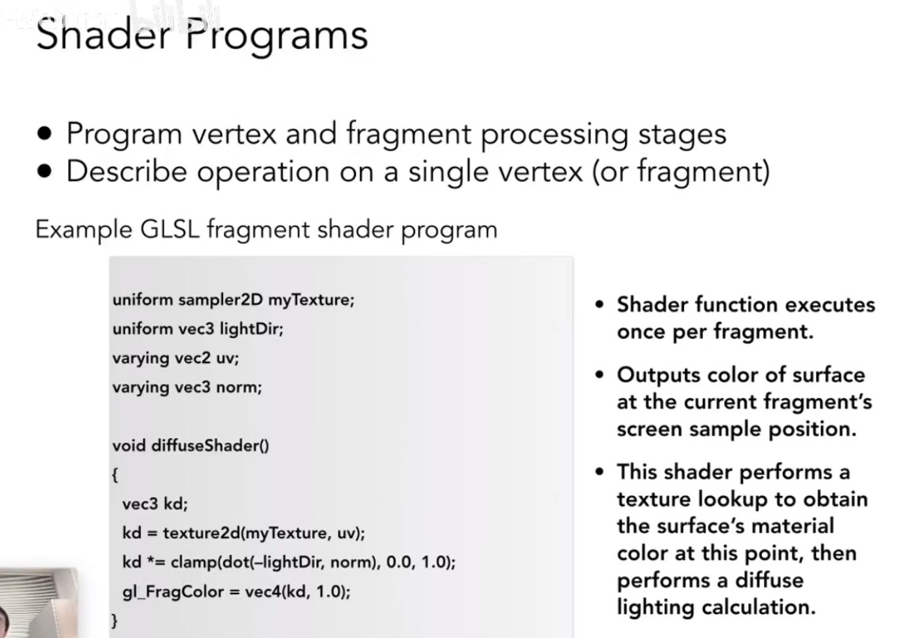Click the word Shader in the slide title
(103, 35)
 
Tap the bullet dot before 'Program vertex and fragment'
(45, 133)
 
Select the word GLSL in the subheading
(170, 230)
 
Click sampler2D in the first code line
(221, 300)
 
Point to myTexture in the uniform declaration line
(311, 300)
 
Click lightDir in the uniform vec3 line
(251, 329)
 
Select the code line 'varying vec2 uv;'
(175, 358)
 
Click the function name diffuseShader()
(210, 446)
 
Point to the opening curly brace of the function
(115, 475)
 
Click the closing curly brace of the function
(115, 620)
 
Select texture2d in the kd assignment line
(202, 533)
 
